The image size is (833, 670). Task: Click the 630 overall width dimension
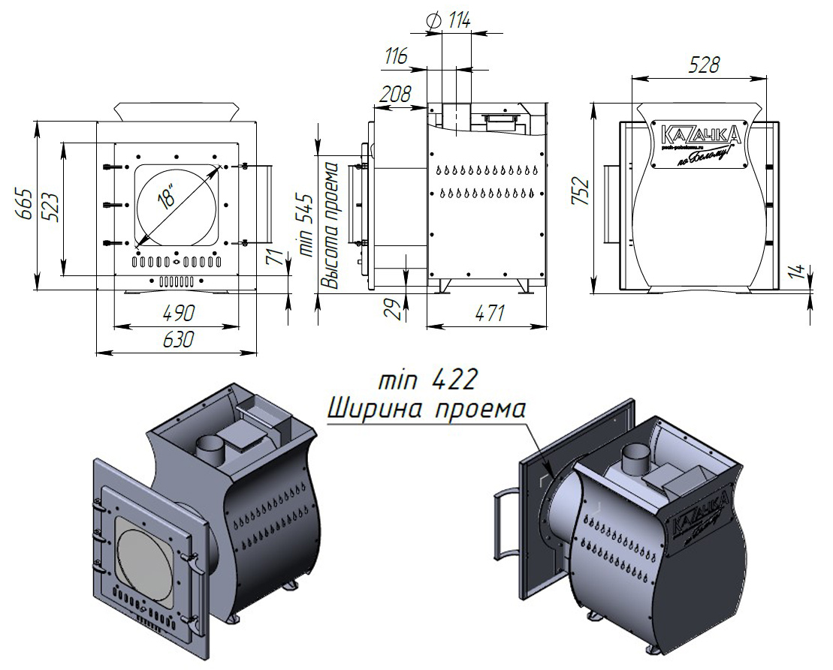176,339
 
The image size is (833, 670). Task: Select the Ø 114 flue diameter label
449,20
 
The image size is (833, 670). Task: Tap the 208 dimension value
395,94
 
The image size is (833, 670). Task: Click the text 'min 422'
428,380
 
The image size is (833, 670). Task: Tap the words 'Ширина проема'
427,410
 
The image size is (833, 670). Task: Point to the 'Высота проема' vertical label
330,225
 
